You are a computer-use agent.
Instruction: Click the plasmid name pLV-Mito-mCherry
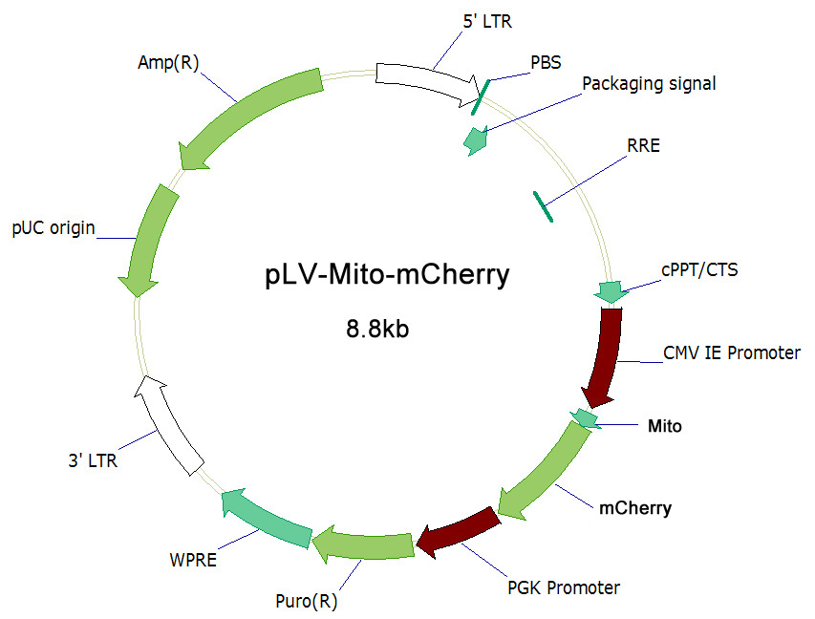387,275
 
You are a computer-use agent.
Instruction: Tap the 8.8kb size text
377,329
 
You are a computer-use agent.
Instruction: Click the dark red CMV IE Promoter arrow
605,357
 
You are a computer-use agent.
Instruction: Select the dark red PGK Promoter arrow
458,533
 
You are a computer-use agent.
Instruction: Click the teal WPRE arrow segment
267,518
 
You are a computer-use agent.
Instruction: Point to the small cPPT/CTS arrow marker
611,291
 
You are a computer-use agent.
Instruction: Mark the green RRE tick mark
543,206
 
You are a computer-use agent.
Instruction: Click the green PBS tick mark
481,97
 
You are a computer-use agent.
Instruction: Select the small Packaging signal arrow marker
476,140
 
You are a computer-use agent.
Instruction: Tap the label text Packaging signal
649,84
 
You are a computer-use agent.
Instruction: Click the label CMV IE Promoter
732,352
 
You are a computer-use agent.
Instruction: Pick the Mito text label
664,426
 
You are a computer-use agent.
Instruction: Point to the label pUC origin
54,228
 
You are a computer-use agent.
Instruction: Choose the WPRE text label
193,561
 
